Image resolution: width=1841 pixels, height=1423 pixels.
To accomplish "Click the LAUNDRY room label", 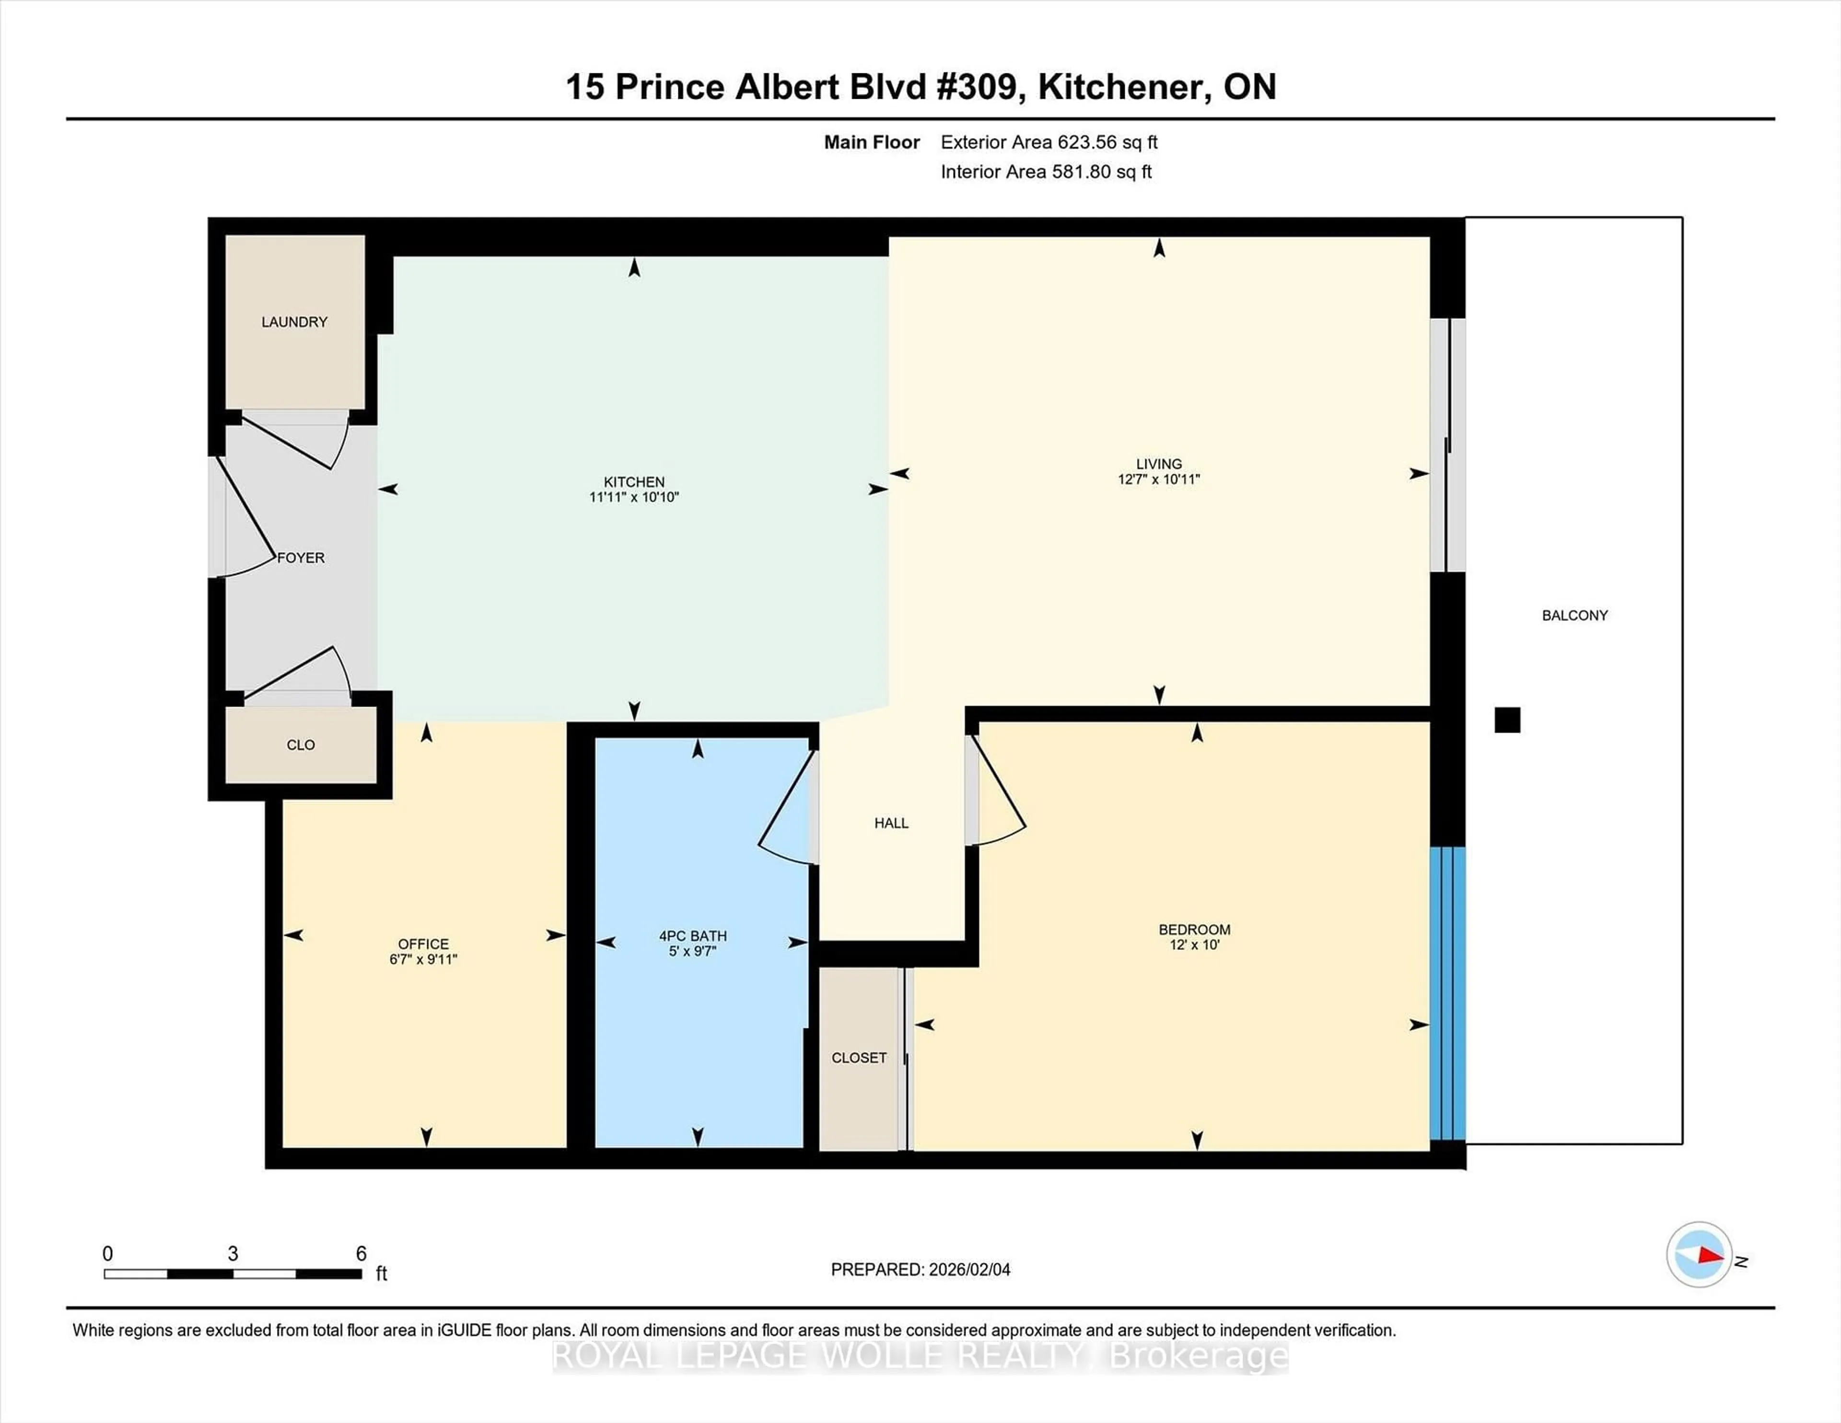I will pyautogui.click(x=294, y=322).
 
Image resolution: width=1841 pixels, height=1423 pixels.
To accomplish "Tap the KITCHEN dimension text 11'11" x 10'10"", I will pyautogui.click(x=634, y=497).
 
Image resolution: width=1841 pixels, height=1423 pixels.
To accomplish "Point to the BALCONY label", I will pyautogui.click(x=1574, y=616).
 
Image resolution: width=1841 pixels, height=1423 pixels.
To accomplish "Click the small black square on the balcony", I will pyautogui.click(x=1507, y=720).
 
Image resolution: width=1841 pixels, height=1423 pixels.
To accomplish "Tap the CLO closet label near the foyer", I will pyautogui.click(x=301, y=745).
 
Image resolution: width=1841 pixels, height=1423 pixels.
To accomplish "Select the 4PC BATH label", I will pyautogui.click(x=693, y=936).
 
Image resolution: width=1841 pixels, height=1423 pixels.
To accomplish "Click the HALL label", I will pyautogui.click(x=891, y=823).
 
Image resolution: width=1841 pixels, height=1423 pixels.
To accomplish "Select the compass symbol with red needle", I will pyautogui.click(x=1699, y=1254).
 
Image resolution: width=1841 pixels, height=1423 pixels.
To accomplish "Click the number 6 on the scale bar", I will pyautogui.click(x=361, y=1254).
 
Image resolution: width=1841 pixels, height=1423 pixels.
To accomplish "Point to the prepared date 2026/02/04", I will pyautogui.click(x=967, y=1270).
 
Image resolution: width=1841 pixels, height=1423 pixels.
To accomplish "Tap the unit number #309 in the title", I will pyautogui.click(x=979, y=87).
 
